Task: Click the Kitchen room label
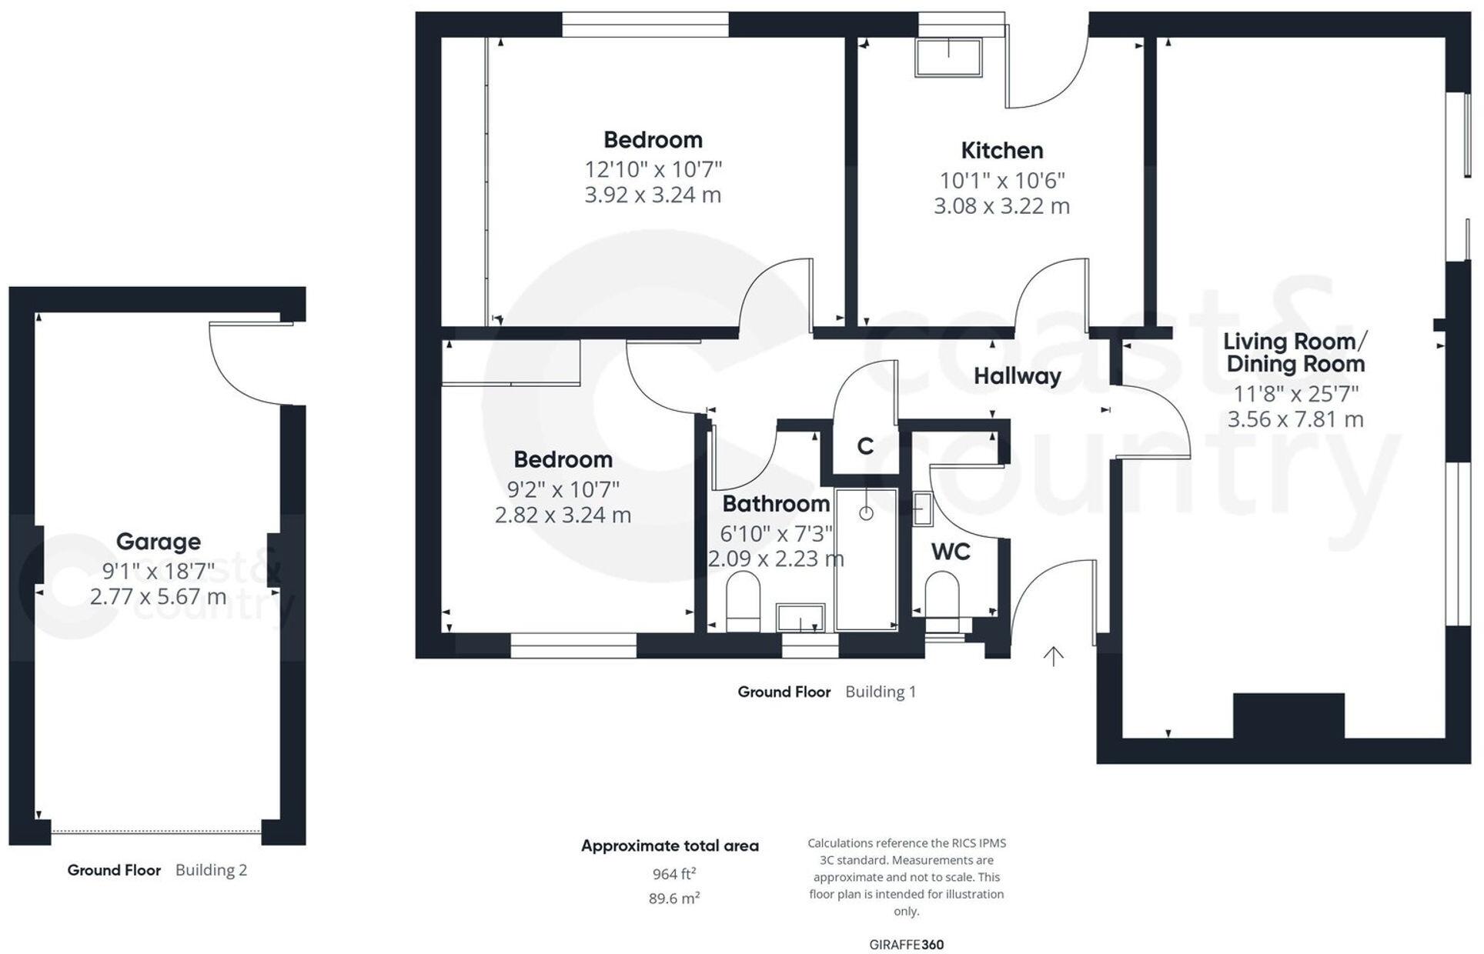click(x=1001, y=150)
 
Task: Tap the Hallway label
click(x=1017, y=376)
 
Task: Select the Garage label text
click(x=158, y=542)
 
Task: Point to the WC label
click(x=951, y=552)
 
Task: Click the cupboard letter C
click(x=865, y=446)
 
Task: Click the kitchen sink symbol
click(x=948, y=57)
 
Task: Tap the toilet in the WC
click(x=941, y=598)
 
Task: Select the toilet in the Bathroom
click(x=743, y=601)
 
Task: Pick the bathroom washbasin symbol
click(x=800, y=618)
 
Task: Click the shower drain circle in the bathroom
click(x=867, y=513)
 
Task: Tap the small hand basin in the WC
click(x=921, y=509)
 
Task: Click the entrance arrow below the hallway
click(x=1053, y=655)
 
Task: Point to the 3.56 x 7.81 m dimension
click(x=1295, y=419)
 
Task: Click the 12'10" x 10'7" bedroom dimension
click(x=653, y=169)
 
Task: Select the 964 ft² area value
click(x=674, y=874)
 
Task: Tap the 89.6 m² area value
click(x=674, y=898)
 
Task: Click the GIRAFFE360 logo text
click(x=907, y=945)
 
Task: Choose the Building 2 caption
click(x=211, y=870)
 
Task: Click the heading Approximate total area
click(x=670, y=846)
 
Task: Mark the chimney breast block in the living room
click(x=1289, y=715)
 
